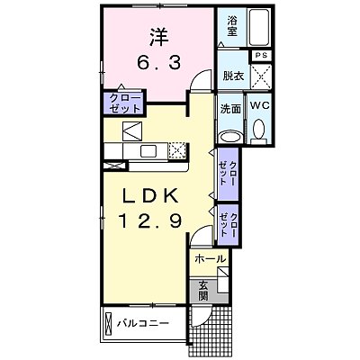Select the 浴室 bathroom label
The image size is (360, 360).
click(232, 25)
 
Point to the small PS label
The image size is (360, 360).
click(262, 56)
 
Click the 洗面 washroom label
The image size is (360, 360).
click(230, 108)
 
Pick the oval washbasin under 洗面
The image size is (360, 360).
click(230, 135)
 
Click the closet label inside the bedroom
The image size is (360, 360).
click(120, 103)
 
